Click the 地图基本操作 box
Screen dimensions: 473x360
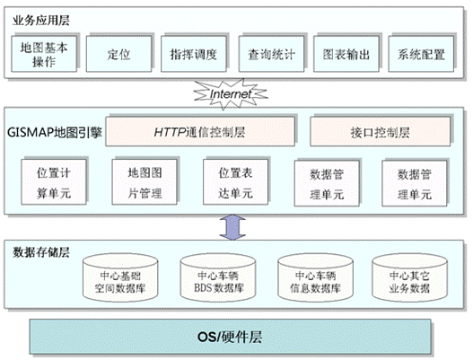coord(44,54)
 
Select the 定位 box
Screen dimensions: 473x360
coord(118,54)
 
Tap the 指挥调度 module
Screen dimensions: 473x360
coord(194,54)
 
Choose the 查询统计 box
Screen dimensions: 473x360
coord(271,54)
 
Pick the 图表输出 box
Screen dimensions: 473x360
coord(346,54)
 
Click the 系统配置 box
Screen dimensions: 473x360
coord(421,54)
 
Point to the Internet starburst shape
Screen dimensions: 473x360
coord(231,94)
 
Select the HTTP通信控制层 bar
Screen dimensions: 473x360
coord(200,132)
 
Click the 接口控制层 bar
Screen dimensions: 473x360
coord(380,132)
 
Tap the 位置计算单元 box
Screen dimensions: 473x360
coord(54,182)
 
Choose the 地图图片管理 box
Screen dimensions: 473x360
coord(145,182)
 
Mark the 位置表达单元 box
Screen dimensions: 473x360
coord(235,182)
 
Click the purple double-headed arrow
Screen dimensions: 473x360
coord(232,227)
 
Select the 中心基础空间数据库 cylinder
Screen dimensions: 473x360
coord(120,277)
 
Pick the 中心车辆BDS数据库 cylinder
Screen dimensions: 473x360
coord(218,277)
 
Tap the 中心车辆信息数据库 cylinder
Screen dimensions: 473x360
coord(316,277)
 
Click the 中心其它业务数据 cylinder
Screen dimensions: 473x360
coord(409,277)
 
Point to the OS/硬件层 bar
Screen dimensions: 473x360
coord(230,337)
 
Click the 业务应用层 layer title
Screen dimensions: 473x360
coord(41,21)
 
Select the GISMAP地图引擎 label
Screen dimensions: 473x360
coord(55,132)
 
